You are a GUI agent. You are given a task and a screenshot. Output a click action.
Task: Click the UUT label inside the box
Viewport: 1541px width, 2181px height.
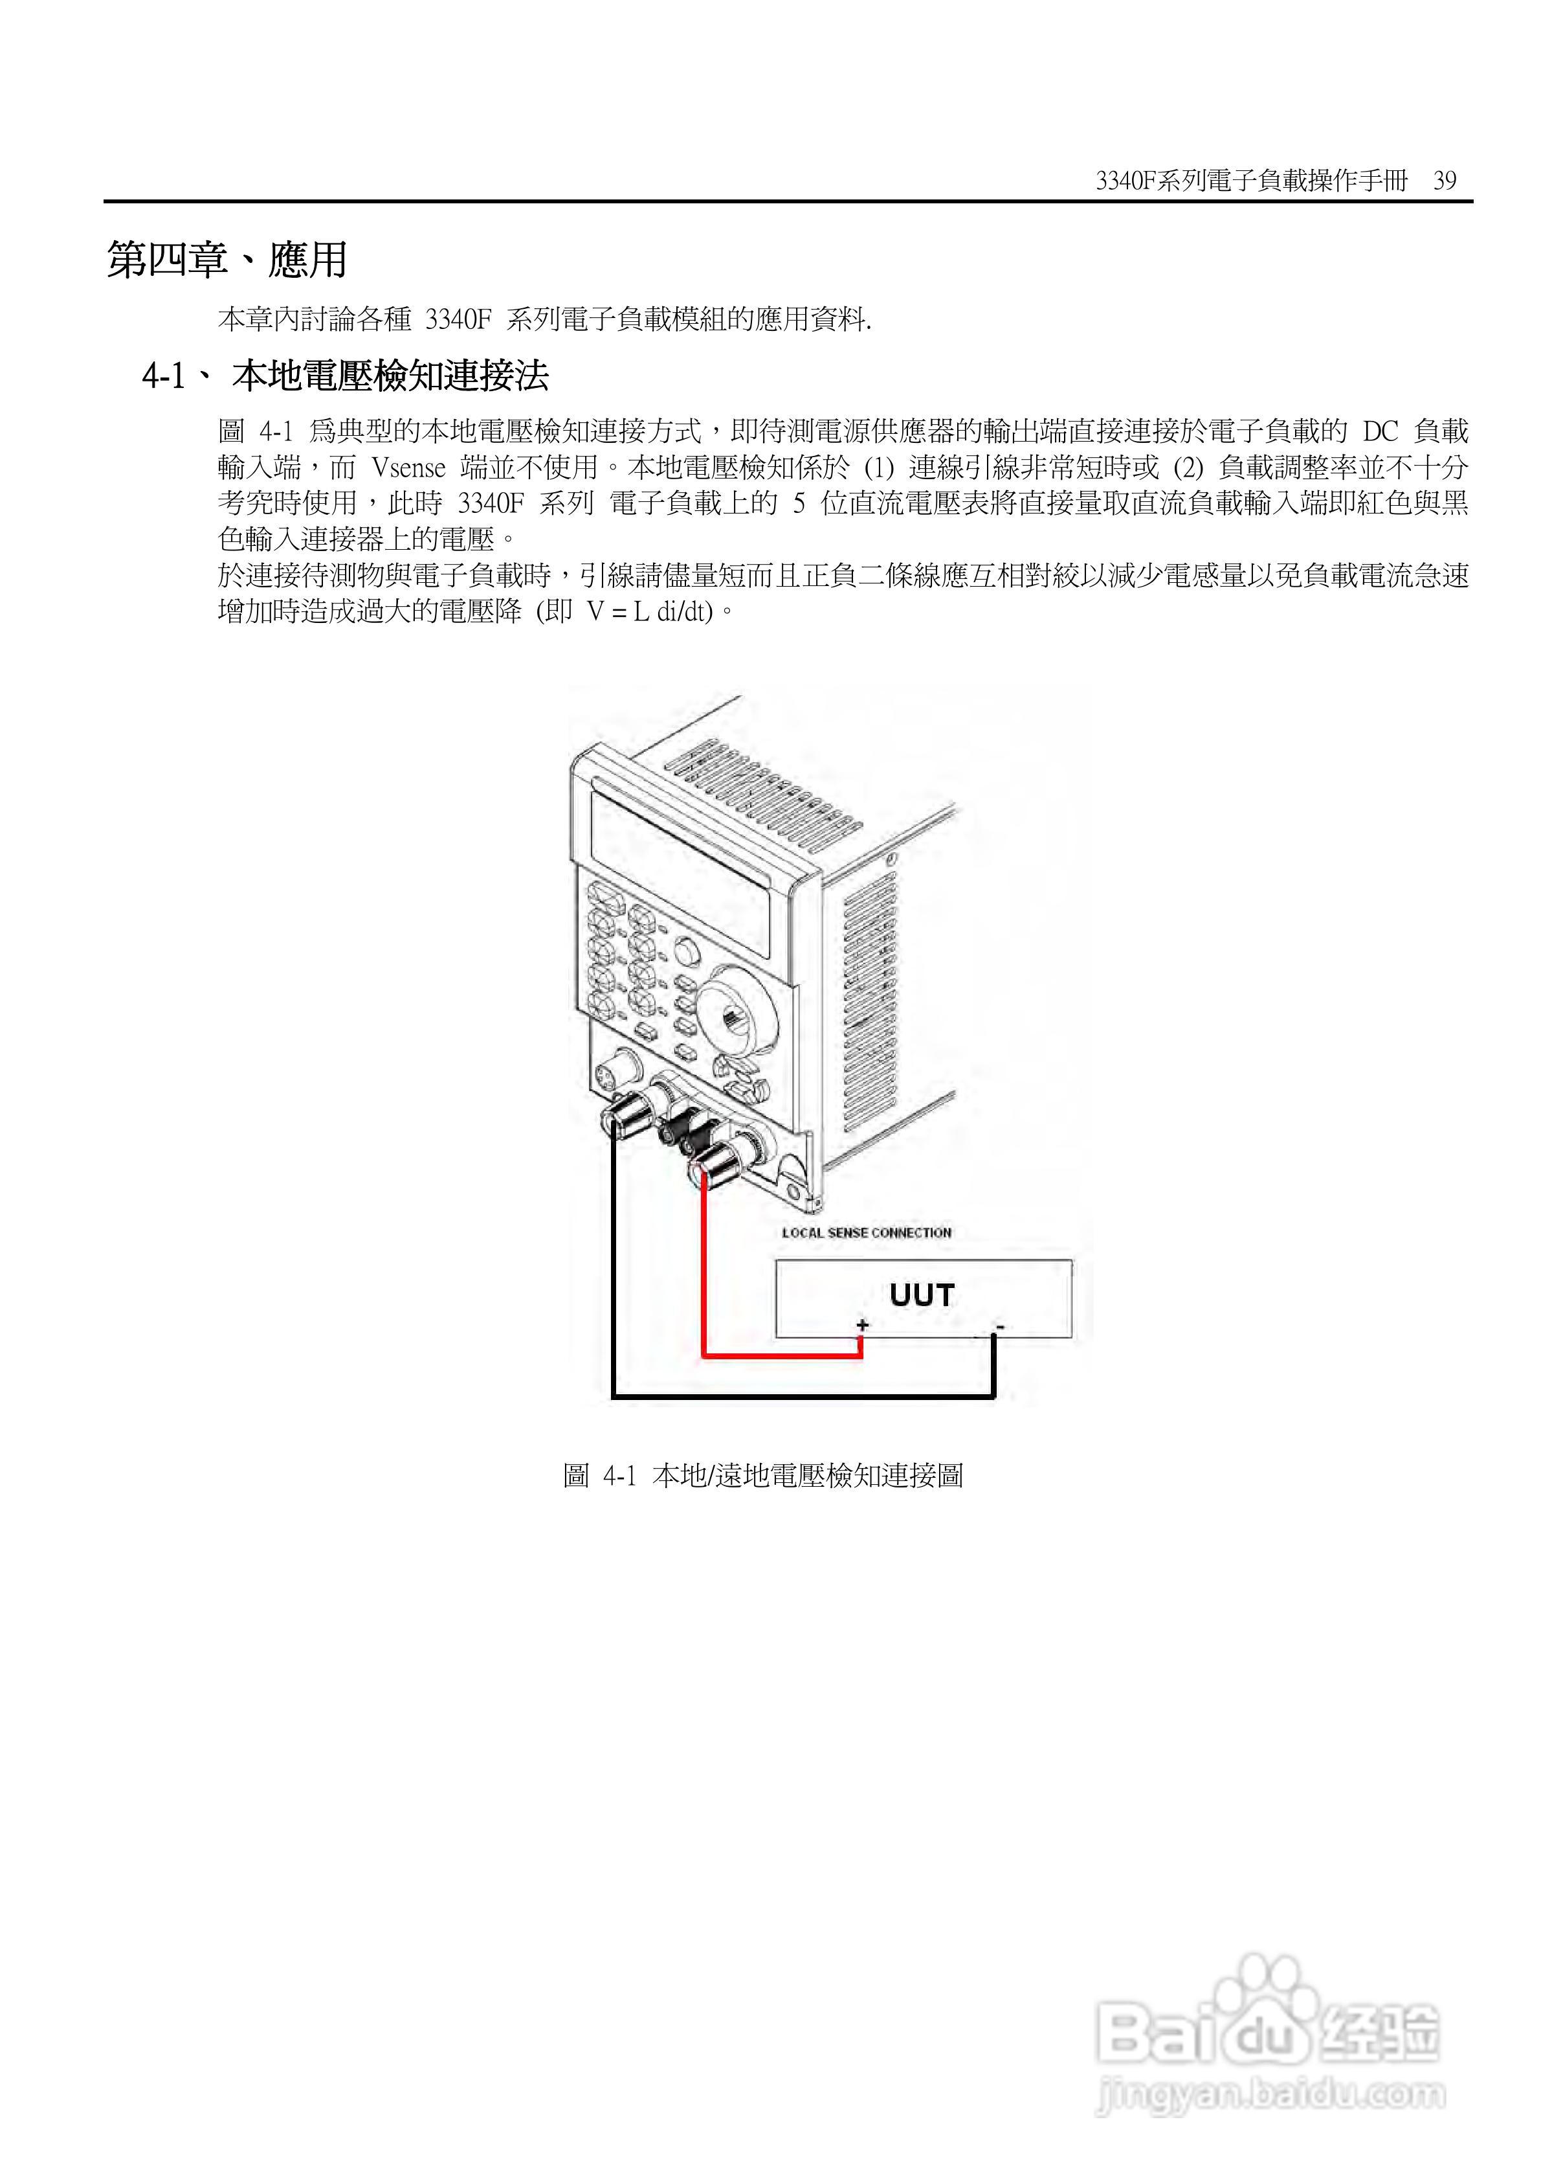(921, 1294)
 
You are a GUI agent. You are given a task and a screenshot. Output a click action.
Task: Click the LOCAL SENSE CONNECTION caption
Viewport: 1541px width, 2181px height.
(866, 1233)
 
